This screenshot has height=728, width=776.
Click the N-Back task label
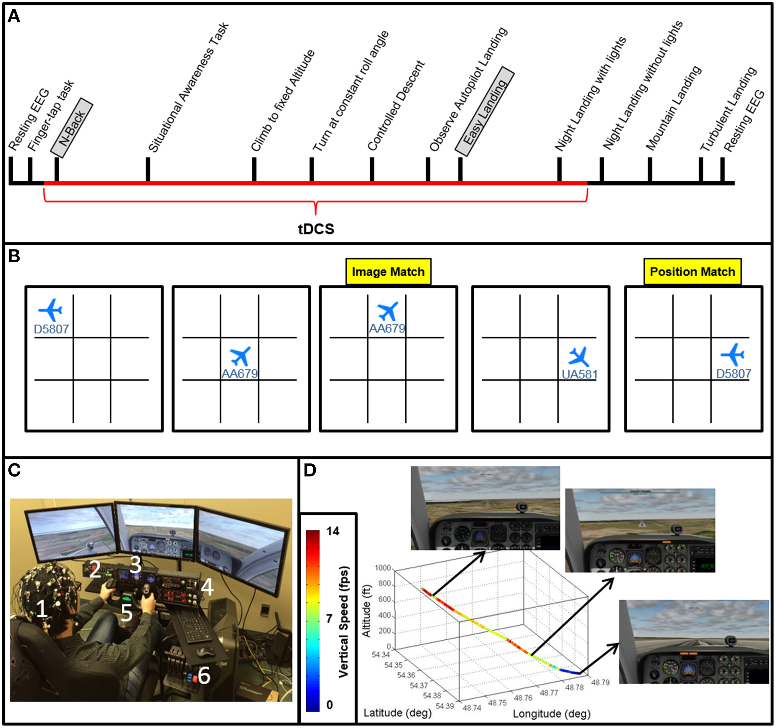pyautogui.click(x=72, y=128)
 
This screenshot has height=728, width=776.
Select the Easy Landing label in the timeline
pyautogui.click(x=485, y=111)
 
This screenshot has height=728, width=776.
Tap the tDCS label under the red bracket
pyautogui.click(x=316, y=229)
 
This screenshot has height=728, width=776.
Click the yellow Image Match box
pyautogui.click(x=388, y=272)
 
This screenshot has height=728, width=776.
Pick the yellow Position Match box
pyautogui.click(x=692, y=272)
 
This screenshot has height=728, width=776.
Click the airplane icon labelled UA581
pyautogui.click(x=579, y=356)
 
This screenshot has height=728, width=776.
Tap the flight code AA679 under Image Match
pyautogui.click(x=387, y=328)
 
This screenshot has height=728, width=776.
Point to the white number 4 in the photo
pyautogui.click(x=207, y=587)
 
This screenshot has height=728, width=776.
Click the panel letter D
pyautogui.click(x=309, y=471)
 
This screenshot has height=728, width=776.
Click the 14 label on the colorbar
pyautogui.click(x=332, y=531)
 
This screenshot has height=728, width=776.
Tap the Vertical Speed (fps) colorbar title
pyautogui.click(x=344, y=622)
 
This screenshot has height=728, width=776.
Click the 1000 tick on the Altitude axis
pyautogui.click(x=382, y=567)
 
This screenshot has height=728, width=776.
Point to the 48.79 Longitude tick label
pyautogui.click(x=600, y=682)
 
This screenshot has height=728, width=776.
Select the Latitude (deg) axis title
pyautogui.click(x=397, y=713)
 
